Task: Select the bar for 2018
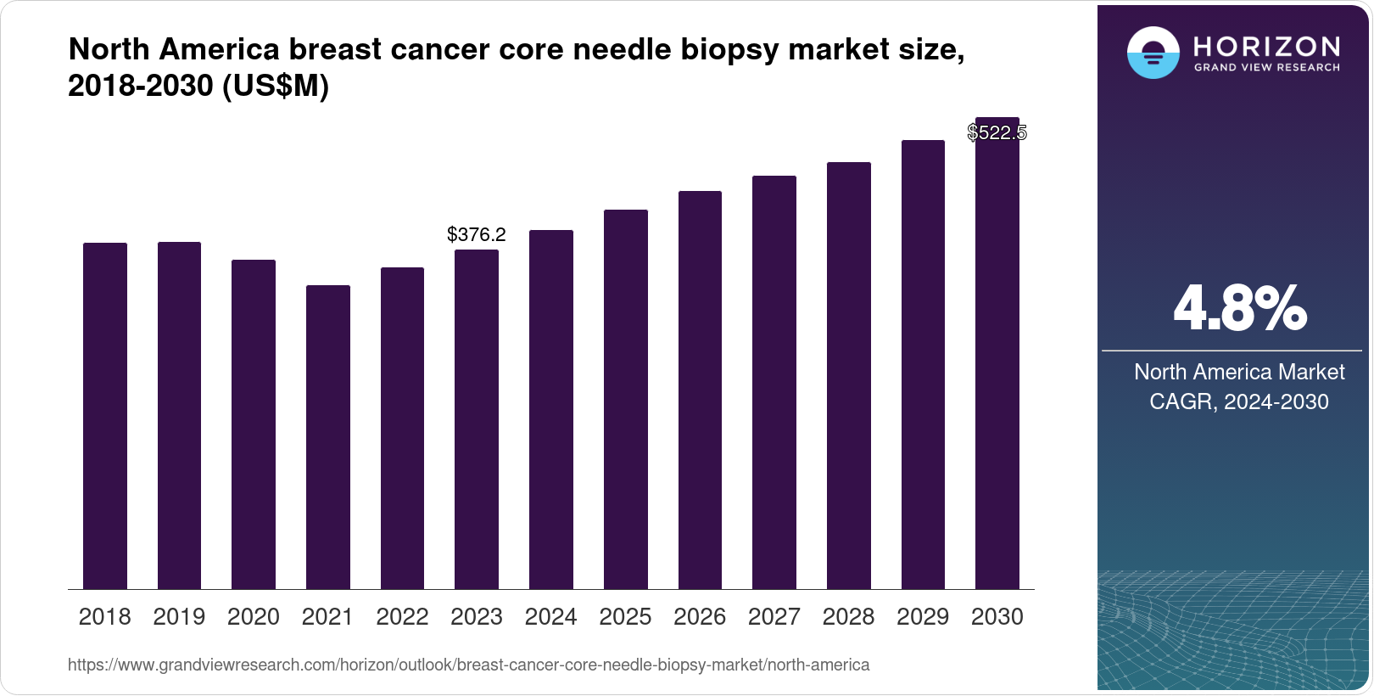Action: coord(105,416)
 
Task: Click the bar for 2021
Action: coord(328,437)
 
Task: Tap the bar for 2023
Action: coord(477,419)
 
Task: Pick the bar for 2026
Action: coord(700,390)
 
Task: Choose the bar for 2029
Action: coord(923,365)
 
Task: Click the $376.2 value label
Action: coord(477,234)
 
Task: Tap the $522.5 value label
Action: coord(997,132)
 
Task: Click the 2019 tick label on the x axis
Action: coord(179,617)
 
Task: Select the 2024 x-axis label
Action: coord(551,617)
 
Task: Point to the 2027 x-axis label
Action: coord(774,617)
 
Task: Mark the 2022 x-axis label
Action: coord(402,617)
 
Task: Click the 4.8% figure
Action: coord(1239,308)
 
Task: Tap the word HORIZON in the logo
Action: coord(1266,46)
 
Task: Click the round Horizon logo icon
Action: coord(1153,53)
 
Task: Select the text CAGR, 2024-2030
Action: coord(1238,401)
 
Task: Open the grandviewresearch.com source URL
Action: coord(468,665)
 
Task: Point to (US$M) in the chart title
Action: coord(275,87)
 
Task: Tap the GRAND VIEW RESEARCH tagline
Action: coord(1266,68)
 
